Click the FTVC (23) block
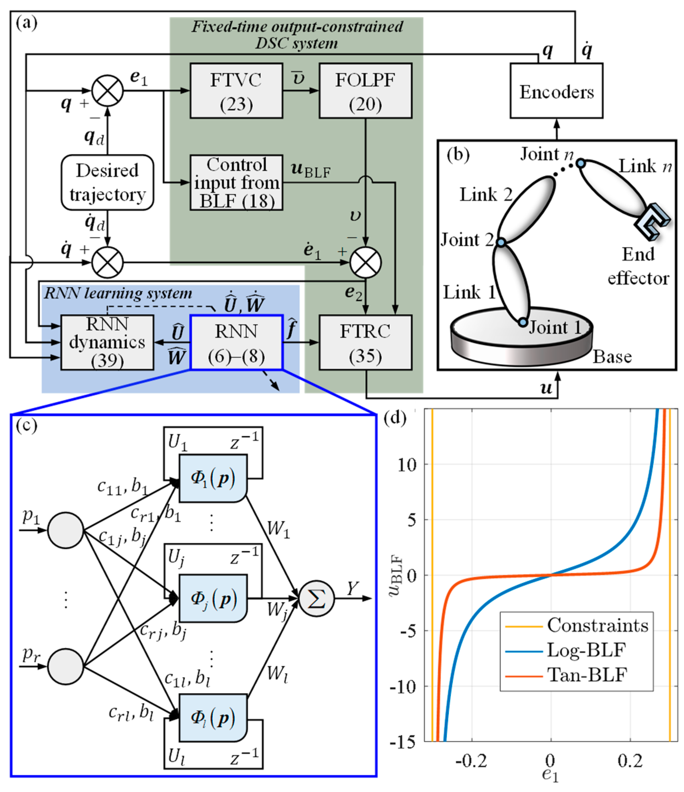(236, 91)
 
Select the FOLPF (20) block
(365, 91)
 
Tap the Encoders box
(556, 91)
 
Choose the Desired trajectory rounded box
(107, 182)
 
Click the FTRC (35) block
(365, 342)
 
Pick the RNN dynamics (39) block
(107, 342)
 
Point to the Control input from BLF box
(236, 182)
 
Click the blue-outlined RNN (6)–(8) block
(236, 342)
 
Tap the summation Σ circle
(317, 599)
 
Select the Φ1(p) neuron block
(213, 478)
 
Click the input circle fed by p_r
(66, 667)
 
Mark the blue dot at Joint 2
(501, 242)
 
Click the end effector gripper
(651, 222)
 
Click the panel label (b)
(458, 155)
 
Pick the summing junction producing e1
(107, 91)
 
